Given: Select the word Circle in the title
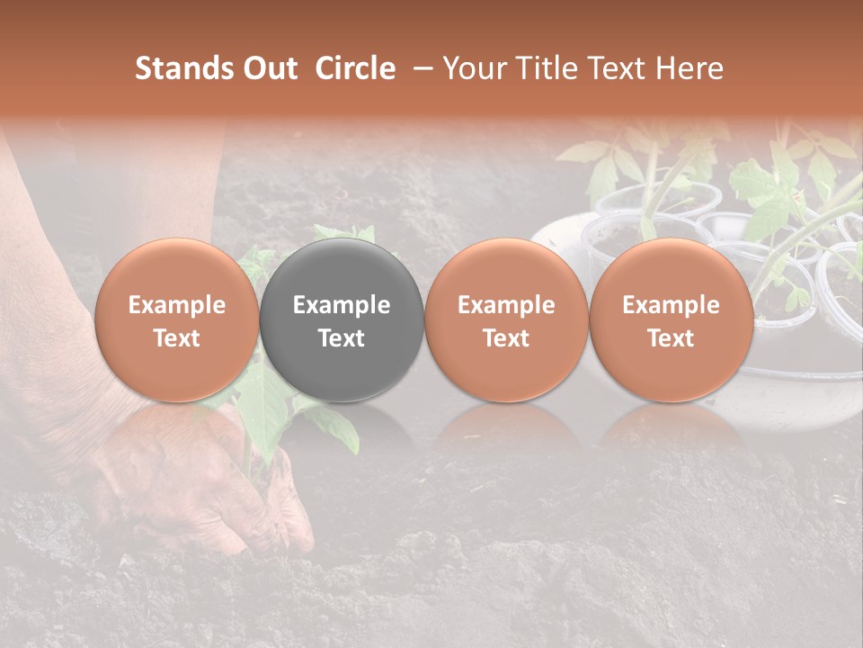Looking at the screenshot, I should tap(355, 68).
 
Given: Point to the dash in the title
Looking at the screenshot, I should tap(419, 68).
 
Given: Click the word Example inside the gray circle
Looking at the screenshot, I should tap(342, 305).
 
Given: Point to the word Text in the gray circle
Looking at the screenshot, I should tap(342, 338).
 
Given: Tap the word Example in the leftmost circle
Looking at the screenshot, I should tap(176, 305).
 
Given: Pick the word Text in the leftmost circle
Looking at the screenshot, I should tap(176, 338).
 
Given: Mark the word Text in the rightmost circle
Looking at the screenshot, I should tap(672, 338).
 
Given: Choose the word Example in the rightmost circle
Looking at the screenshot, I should tap(672, 305).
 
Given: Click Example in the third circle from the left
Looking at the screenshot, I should tap(506, 305).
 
